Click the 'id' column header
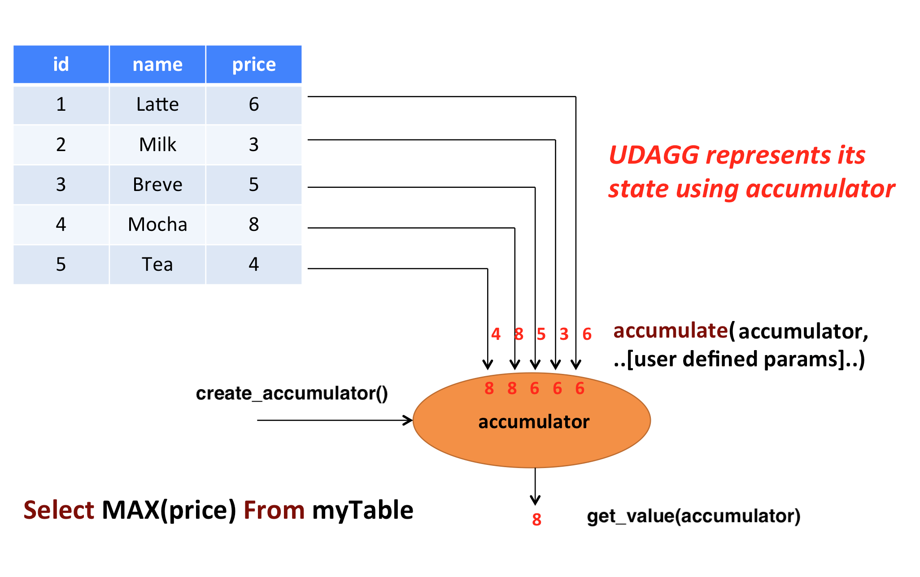[x=61, y=65]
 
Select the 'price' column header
[x=254, y=65]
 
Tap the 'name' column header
[x=157, y=65]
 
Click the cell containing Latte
[x=157, y=104]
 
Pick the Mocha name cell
[x=157, y=225]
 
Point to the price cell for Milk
[x=254, y=144]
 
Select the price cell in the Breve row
[x=254, y=185]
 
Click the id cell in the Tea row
[x=61, y=265]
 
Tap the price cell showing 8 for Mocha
[x=254, y=225]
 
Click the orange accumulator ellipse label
[x=533, y=422]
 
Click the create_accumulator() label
[x=292, y=394]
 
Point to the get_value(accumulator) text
[x=693, y=516]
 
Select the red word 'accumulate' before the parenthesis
[x=670, y=331]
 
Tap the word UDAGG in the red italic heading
[x=654, y=156]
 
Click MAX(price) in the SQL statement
[x=169, y=510]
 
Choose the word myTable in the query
[x=362, y=510]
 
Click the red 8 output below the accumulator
[x=536, y=520]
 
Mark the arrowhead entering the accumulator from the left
[x=408, y=420]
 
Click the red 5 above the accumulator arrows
[x=541, y=334]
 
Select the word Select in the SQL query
[x=59, y=510]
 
